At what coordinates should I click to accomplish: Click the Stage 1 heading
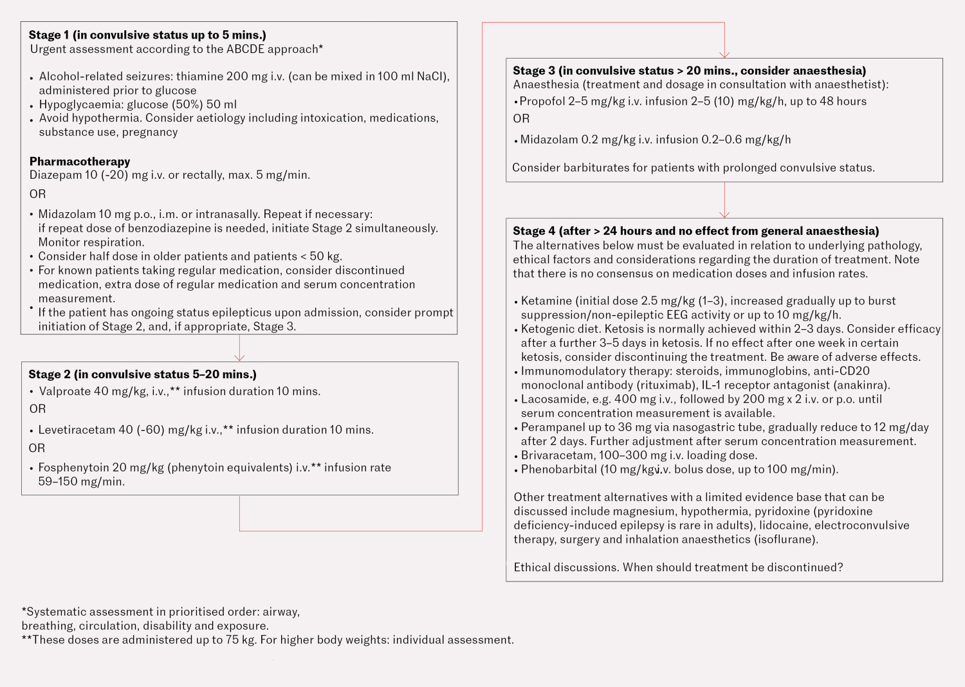coord(147,35)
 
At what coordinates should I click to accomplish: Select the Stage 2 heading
coord(142,374)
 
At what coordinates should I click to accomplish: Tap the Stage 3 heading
coord(689,71)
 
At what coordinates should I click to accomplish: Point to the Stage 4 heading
coord(695,231)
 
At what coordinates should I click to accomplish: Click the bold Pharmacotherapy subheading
coord(80,161)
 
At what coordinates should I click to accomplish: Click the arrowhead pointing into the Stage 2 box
coord(239,357)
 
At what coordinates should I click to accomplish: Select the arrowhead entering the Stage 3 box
coord(724,54)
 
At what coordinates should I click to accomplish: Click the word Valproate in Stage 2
coord(64,391)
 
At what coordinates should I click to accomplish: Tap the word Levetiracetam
coord(77,430)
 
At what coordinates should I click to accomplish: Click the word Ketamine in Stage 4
coord(546,301)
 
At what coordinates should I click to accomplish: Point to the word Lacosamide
coord(553,399)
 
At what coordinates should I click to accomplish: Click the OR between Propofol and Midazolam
coord(521,119)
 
